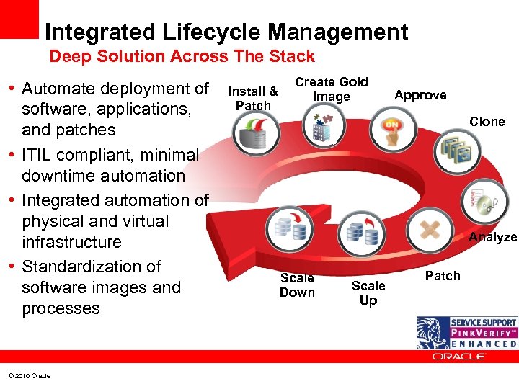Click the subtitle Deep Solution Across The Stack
click(x=182, y=56)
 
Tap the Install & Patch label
click(x=253, y=99)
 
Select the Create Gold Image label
click(x=332, y=89)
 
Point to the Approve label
click(x=420, y=95)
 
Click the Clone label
click(x=487, y=122)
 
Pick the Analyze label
click(x=493, y=237)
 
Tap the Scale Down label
click(x=297, y=285)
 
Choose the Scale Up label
click(x=368, y=292)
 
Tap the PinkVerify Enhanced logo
click(x=467, y=333)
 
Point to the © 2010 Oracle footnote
click(x=30, y=376)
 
